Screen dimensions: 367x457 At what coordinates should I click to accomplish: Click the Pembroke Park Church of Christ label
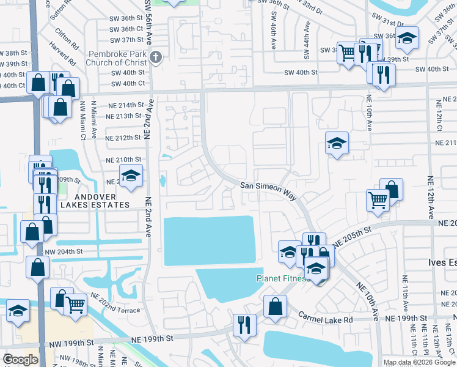pyautogui.click(x=118, y=58)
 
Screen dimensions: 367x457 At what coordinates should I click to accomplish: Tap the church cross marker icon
pyautogui.click(x=156, y=58)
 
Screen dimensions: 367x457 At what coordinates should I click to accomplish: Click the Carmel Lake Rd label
pyautogui.click(x=326, y=318)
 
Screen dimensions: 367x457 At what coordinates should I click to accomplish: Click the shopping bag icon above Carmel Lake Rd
pyautogui.click(x=276, y=306)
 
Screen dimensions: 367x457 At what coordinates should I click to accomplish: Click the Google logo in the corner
pyautogui.click(x=20, y=360)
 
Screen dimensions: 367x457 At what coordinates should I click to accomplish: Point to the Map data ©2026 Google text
pyautogui.click(x=420, y=362)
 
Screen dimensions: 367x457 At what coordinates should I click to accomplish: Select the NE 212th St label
pyautogui.click(x=123, y=138)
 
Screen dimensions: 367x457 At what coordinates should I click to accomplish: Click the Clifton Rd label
pyautogui.click(x=67, y=39)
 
